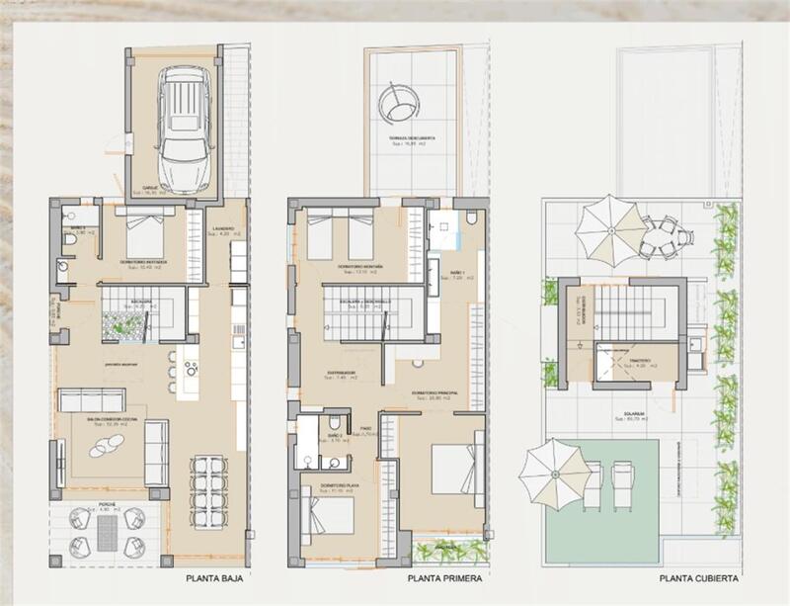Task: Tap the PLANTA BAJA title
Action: pos(215,581)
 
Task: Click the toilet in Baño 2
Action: pos(308,460)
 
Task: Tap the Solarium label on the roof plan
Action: pos(634,413)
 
